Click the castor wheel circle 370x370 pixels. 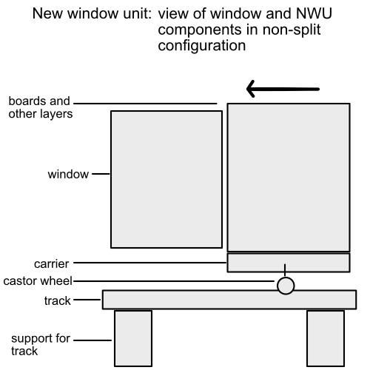point(286,286)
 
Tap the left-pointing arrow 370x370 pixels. point(283,89)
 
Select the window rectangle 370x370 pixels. point(166,179)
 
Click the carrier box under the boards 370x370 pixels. point(289,263)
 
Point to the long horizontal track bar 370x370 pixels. point(229,300)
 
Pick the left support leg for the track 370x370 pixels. point(133,338)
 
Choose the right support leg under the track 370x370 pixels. point(326,338)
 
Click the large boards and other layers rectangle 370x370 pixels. point(289,178)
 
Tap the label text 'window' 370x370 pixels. point(68,175)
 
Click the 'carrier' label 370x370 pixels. point(51,264)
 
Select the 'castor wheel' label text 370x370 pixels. point(38,281)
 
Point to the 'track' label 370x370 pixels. point(58,300)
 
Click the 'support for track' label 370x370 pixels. point(41,345)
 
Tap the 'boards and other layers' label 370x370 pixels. point(41,107)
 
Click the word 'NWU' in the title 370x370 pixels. point(314,13)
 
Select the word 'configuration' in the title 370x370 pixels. point(202,46)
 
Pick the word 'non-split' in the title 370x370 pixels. point(292,30)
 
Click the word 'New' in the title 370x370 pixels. point(48,13)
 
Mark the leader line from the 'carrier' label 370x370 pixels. point(150,263)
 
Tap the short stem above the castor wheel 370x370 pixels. point(285,270)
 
